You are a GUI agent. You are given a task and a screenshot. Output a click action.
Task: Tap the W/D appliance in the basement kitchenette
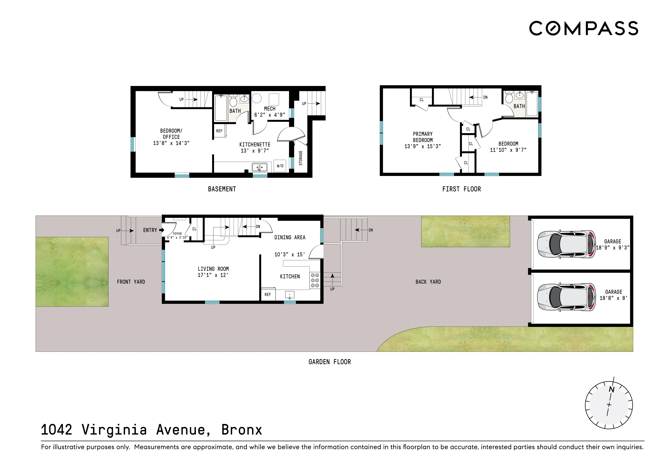tap(280, 166)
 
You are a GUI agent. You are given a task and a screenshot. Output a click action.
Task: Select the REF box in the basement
tap(219, 131)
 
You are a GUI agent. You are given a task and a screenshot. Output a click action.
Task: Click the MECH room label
tap(269, 109)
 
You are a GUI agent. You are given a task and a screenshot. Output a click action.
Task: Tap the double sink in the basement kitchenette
tap(260, 167)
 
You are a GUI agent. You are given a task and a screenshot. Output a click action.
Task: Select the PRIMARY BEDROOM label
tap(422, 137)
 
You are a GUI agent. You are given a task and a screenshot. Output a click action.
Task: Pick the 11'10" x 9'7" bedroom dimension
tap(508, 150)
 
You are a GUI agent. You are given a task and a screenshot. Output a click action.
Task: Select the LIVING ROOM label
tap(213, 269)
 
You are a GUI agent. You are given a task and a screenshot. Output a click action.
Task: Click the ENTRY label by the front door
tap(150, 230)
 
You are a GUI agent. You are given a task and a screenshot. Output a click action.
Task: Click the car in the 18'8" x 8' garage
tap(566, 297)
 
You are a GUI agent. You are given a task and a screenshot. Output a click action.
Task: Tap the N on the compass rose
tap(612, 389)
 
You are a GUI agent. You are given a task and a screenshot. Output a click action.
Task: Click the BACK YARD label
tap(428, 282)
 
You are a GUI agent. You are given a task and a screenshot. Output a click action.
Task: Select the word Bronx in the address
tap(241, 430)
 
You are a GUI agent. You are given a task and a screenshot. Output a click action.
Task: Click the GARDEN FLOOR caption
tap(329, 362)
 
